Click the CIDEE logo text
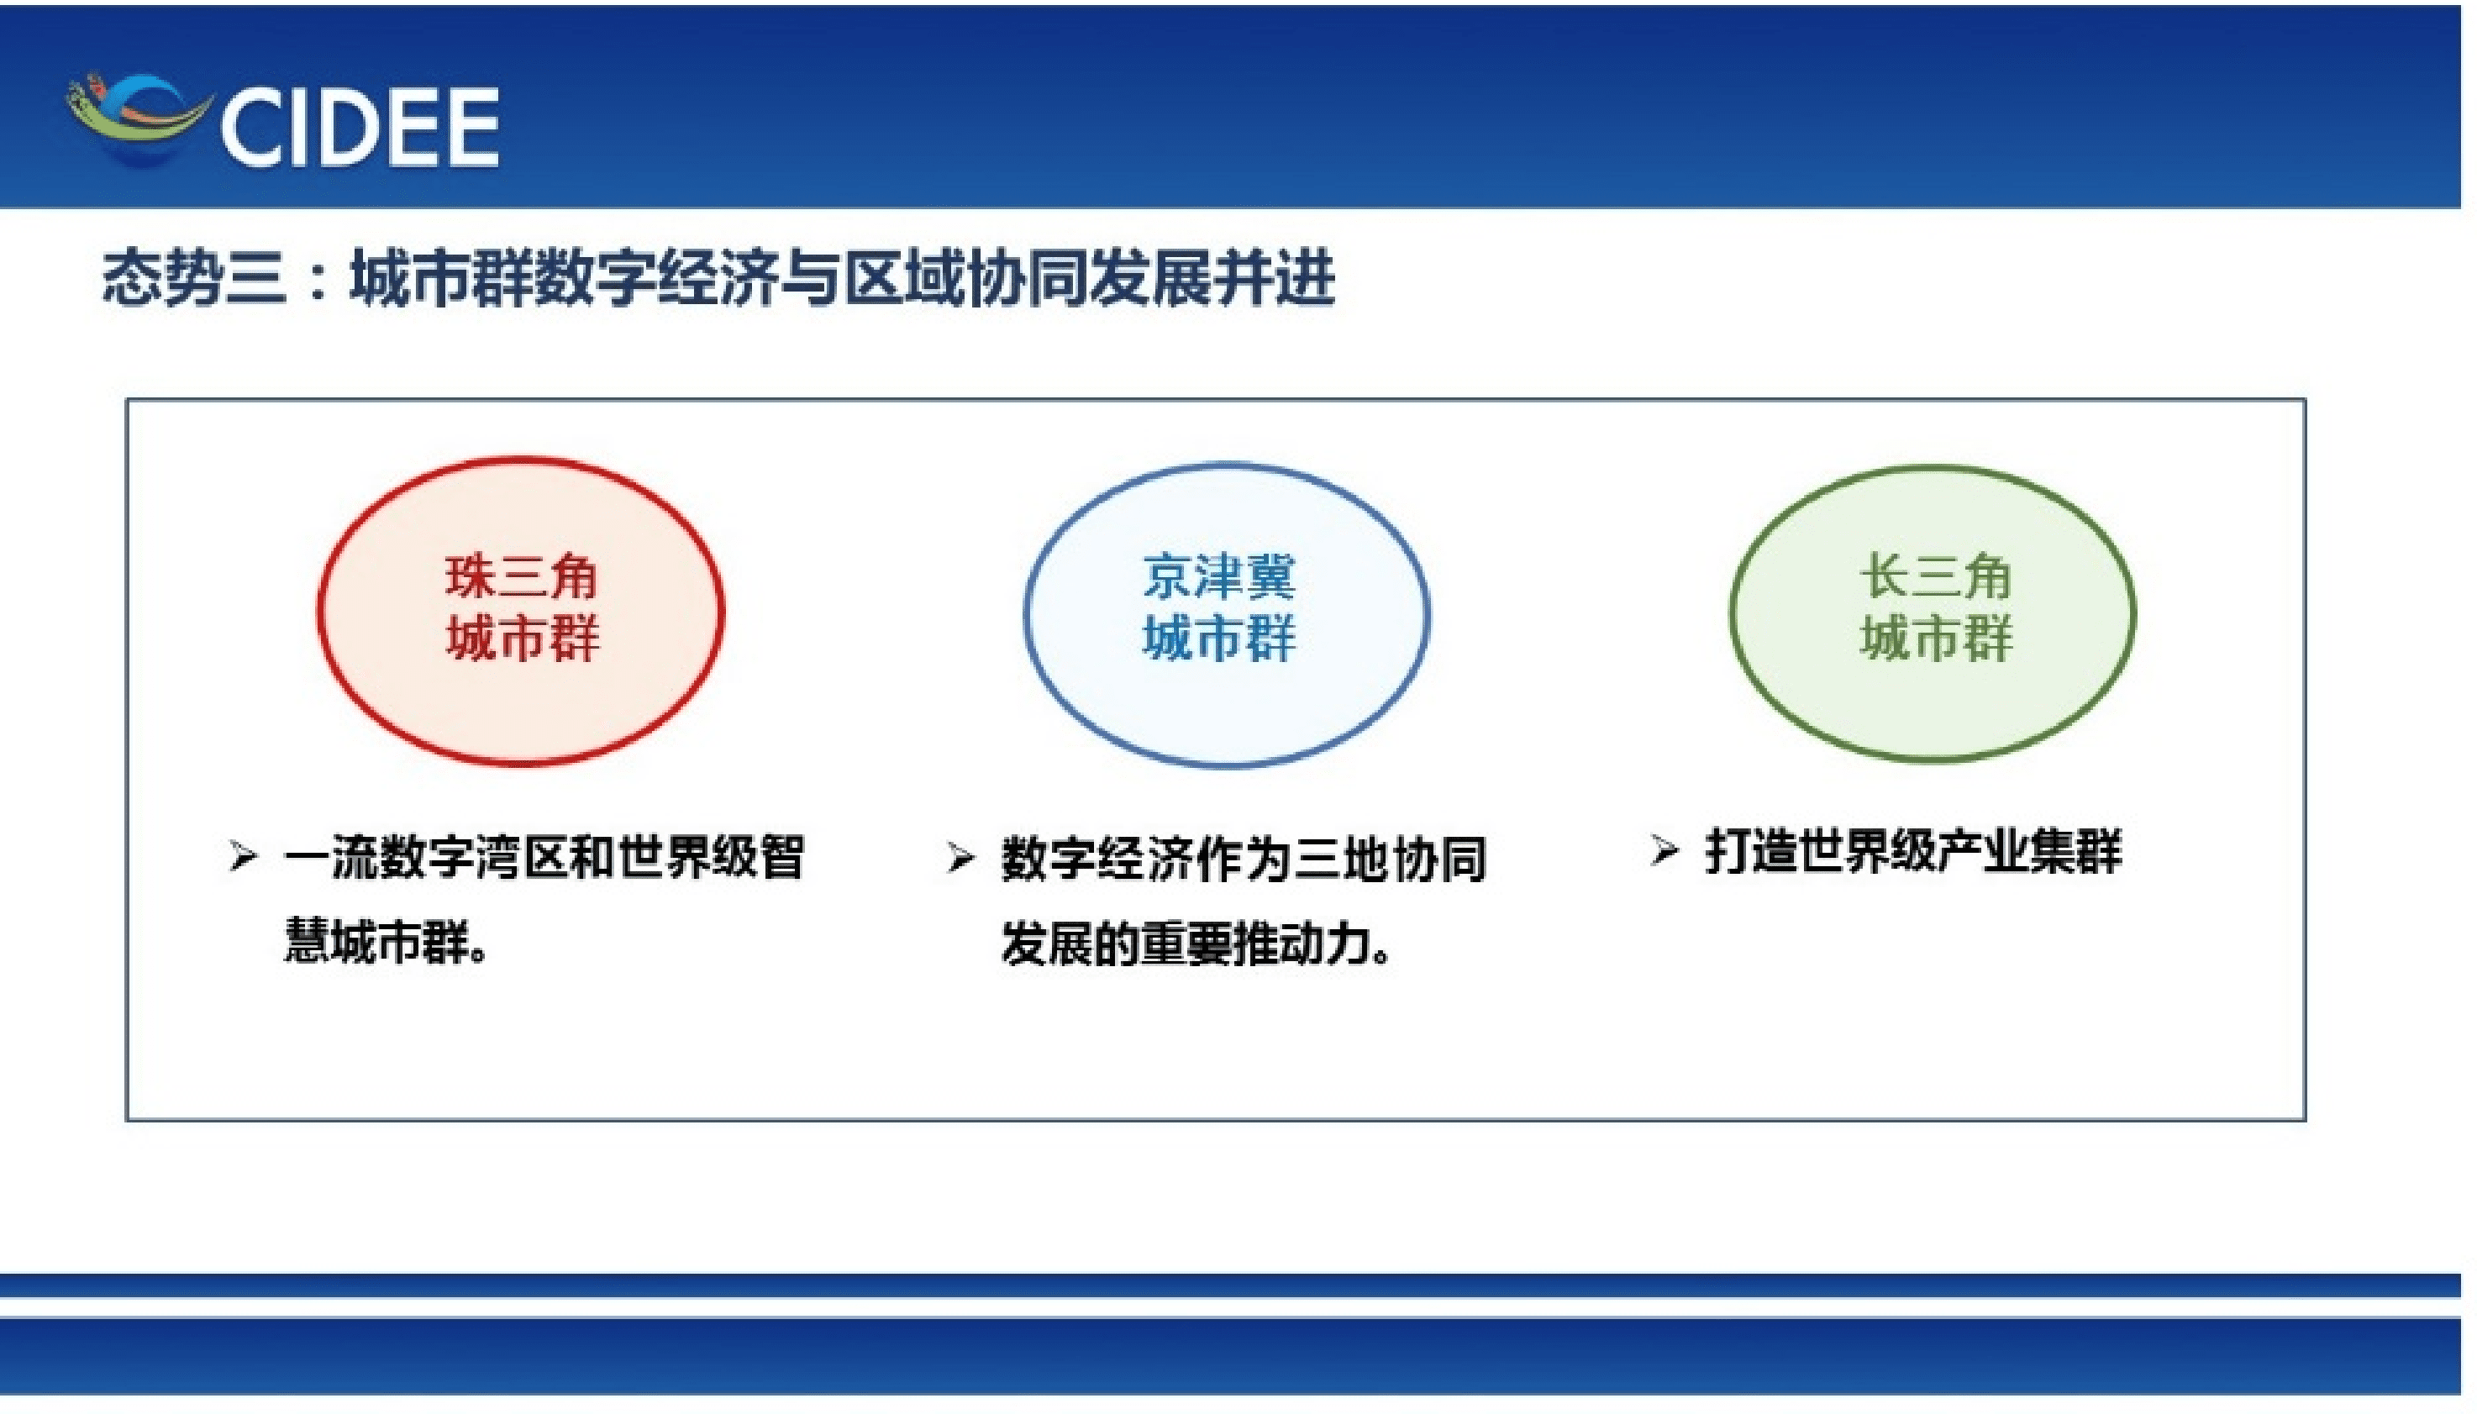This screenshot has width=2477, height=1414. click(360, 127)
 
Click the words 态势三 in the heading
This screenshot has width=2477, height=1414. click(194, 280)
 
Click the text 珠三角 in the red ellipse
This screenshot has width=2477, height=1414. click(522, 577)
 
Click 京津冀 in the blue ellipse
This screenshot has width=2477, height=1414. click(1217, 577)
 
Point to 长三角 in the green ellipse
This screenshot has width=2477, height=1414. click(1934, 577)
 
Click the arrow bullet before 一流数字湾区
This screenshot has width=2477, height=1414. click(243, 857)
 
